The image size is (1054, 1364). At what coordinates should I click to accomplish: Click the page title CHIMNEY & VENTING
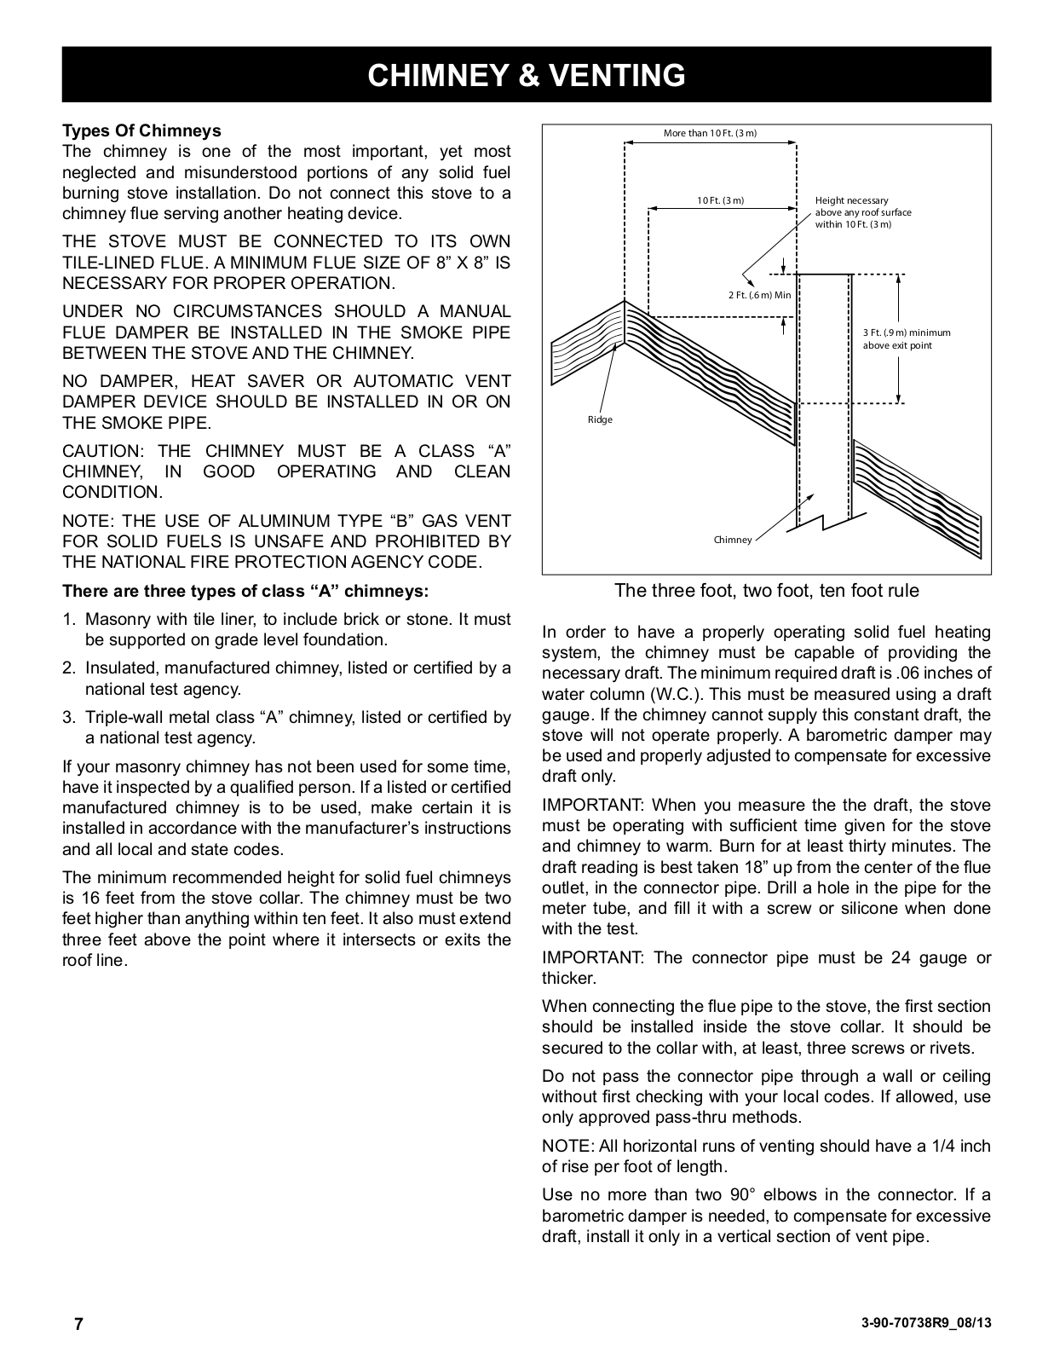coord(526,76)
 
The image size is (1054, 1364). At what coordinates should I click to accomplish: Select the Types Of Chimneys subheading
coord(141,130)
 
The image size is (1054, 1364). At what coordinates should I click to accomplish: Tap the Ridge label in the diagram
coord(600,419)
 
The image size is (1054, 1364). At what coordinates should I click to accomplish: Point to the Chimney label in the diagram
coord(733,540)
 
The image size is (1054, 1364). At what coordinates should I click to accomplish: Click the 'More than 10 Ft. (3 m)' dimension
coord(710,134)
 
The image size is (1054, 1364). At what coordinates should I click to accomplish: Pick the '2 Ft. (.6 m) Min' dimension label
coord(759,295)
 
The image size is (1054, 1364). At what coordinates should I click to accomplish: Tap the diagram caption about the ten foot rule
coord(766,590)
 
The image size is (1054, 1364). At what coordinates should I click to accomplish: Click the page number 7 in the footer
coord(78,1324)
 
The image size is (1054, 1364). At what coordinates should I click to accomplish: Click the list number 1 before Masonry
coord(68,619)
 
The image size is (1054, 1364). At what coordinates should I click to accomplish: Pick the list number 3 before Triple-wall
coord(68,717)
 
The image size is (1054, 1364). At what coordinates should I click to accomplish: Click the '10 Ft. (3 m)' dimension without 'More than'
coord(720,200)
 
